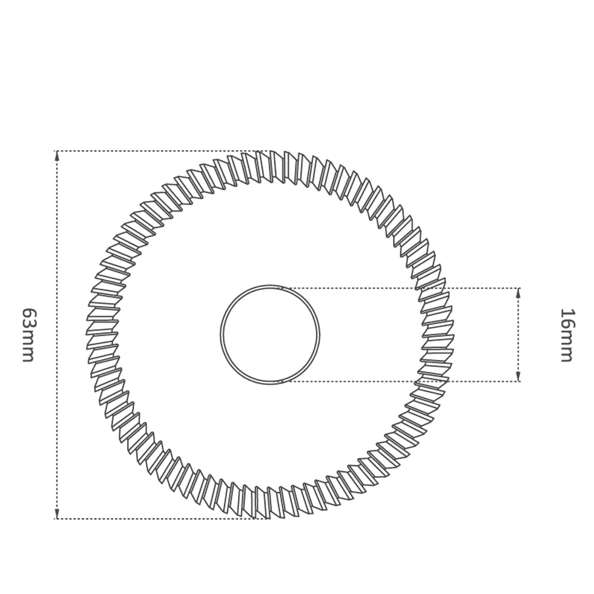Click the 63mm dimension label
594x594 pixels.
pos(29,335)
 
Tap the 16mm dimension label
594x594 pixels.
pos(567,335)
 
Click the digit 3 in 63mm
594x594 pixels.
pos(29,323)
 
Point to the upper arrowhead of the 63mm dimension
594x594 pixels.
pos(57,156)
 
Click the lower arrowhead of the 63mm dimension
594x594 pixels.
pos(57,513)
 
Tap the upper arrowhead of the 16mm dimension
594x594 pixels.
pos(519,293)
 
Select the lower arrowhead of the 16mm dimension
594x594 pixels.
pos(519,376)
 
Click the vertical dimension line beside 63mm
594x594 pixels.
pos(57,335)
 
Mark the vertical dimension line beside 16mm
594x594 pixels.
pos(519,335)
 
